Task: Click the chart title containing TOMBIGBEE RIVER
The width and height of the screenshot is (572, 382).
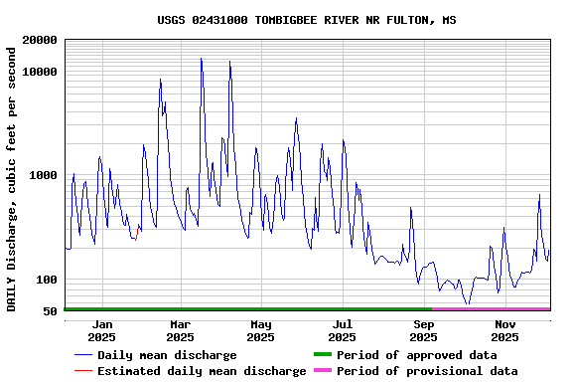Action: pos(307,20)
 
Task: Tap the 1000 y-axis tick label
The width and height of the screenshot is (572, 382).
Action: pos(42,176)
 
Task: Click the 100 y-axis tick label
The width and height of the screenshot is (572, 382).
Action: pos(46,280)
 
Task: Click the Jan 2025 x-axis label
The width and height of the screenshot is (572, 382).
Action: pos(100,330)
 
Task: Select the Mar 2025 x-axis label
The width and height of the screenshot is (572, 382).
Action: pos(180,330)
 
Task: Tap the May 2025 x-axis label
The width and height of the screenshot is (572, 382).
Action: pos(261,330)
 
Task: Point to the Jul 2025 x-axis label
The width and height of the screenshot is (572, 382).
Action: pos(343,330)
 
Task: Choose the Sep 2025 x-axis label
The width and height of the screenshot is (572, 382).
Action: pos(424,330)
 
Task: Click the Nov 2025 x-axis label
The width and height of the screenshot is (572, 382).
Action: pos(505,330)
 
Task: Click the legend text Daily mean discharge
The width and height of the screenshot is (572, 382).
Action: pos(167,355)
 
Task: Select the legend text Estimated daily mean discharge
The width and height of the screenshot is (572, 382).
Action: pos(202,371)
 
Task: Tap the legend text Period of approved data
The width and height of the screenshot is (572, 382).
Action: pos(417,355)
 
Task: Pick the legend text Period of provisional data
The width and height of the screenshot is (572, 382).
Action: pos(427,371)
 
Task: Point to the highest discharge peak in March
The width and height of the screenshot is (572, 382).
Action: pos(201,59)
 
